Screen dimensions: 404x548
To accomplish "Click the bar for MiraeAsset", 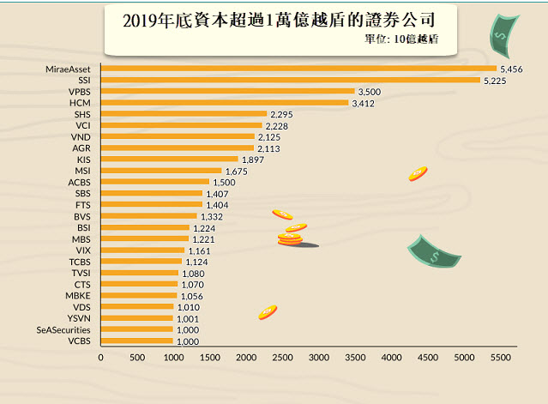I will [298, 69].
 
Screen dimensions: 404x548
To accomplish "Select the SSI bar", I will [290, 80].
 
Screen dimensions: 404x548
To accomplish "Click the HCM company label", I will [79, 102].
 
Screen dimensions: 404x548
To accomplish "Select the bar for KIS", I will [169, 159].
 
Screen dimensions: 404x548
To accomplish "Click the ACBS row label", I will [78, 182].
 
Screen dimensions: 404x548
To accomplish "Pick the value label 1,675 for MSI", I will [236, 171].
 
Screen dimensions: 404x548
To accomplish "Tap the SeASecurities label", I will [63, 329].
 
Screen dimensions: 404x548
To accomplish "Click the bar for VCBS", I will [137, 341].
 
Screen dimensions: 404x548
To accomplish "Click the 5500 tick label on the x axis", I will [500, 357].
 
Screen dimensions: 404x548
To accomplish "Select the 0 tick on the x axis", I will [101, 357].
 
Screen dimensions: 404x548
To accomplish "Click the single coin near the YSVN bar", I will [268, 312].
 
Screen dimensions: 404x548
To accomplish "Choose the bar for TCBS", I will [142, 261].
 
